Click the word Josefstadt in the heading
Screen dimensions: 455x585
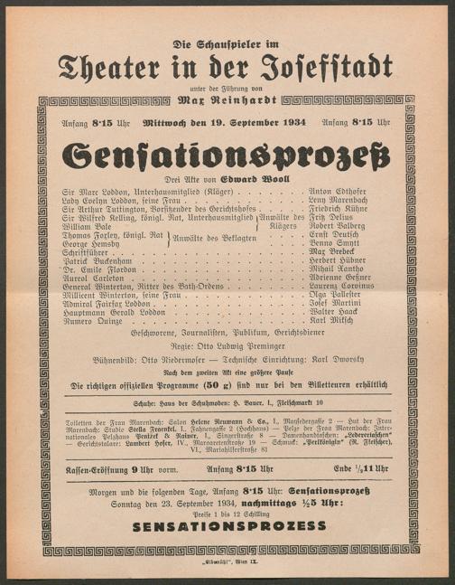[329, 66]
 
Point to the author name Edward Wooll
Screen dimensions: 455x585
[246, 181]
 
